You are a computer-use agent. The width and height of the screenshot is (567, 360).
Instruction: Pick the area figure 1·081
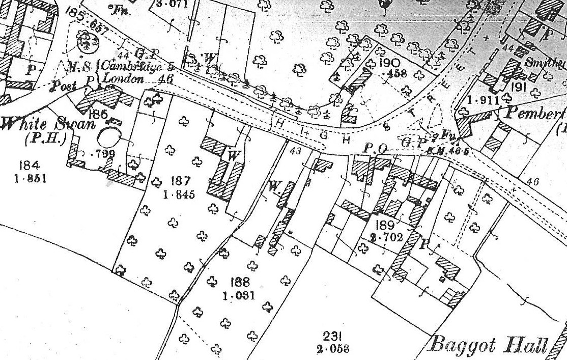pyautogui.click(x=238, y=295)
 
